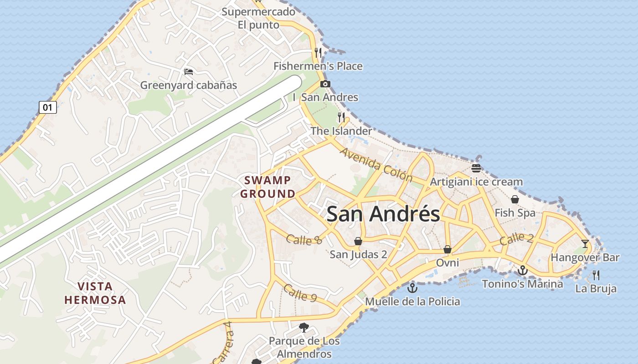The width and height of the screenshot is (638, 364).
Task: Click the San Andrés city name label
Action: click(383, 214)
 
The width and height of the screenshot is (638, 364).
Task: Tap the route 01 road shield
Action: click(48, 108)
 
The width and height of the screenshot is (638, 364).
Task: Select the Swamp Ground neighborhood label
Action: click(268, 187)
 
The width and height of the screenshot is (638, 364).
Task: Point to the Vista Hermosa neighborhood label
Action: click(95, 293)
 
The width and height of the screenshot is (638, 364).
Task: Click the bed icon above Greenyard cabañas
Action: click(189, 71)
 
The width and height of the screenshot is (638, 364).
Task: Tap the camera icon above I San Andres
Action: click(325, 84)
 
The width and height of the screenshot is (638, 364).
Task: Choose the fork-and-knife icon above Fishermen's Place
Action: click(318, 52)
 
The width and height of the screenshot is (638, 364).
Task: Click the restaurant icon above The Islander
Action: click(341, 117)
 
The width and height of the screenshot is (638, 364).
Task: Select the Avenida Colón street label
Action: click(376, 165)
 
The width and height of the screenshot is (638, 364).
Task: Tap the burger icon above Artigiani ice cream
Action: click(476, 168)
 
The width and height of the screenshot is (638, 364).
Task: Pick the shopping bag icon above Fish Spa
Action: click(515, 199)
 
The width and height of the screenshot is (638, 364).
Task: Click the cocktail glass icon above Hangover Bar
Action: click(585, 243)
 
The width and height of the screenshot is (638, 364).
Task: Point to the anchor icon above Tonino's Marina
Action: click(522, 271)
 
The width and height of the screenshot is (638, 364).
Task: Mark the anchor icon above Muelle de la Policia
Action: click(412, 288)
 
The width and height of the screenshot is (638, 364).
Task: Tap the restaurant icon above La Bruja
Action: click(596, 275)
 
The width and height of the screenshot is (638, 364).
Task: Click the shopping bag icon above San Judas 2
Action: click(358, 241)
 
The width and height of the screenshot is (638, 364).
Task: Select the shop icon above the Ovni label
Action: click(448, 249)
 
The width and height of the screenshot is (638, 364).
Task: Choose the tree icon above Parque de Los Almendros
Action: click(304, 327)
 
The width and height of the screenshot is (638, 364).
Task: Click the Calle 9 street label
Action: click(300, 293)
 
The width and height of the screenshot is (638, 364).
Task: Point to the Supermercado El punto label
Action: click(258, 18)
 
